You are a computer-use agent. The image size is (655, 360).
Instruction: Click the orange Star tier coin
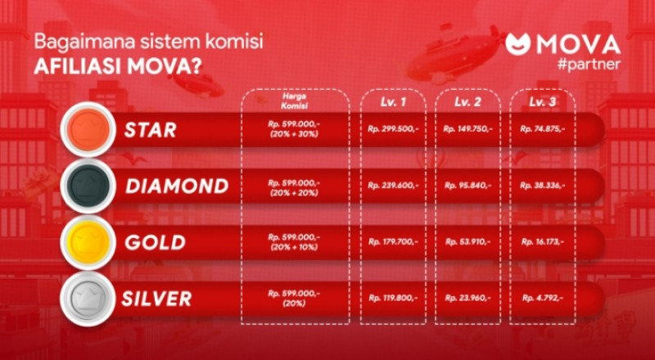pyautogui.click(x=88, y=129)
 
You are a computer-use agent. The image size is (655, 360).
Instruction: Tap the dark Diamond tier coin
pyautogui.click(x=88, y=186)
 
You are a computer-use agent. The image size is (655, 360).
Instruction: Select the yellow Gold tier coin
pyautogui.click(x=88, y=242)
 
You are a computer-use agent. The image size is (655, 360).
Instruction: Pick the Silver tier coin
pyautogui.click(x=88, y=298)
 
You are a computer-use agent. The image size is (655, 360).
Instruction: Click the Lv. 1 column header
pyautogui.click(x=393, y=102)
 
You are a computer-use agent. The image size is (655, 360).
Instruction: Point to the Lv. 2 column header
pyautogui.click(x=468, y=102)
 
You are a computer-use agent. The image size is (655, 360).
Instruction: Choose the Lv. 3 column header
pyautogui.click(x=542, y=102)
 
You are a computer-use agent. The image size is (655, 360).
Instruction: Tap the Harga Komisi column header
pyautogui.click(x=295, y=101)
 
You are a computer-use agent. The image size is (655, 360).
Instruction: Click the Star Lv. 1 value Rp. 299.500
pyautogui.click(x=393, y=129)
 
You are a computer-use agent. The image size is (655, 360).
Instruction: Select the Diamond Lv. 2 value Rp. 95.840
pyautogui.click(x=468, y=185)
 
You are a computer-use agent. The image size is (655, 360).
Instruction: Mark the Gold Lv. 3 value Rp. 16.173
pyautogui.click(x=543, y=242)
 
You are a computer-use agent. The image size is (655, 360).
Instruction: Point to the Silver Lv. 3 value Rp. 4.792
pyautogui.click(x=543, y=298)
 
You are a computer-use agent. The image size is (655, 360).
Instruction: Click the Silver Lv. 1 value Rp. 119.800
pyautogui.click(x=393, y=298)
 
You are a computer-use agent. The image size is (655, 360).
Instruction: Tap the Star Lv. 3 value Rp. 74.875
pyautogui.click(x=543, y=129)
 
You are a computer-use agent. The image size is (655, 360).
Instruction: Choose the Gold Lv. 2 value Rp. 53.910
pyautogui.click(x=468, y=242)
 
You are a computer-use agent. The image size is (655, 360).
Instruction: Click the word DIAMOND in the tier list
pyautogui.click(x=177, y=187)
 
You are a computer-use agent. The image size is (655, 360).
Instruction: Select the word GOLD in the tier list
pyautogui.click(x=155, y=243)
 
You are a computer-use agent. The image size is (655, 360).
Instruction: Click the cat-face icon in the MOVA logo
pyautogui.click(x=517, y=44)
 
